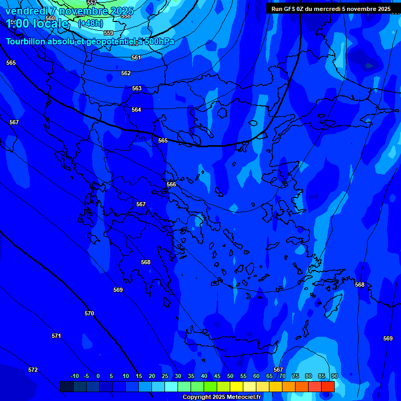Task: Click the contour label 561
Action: tap(136, 57)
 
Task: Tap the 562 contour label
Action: tap(126, 74)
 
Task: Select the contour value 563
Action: tap(137, 89)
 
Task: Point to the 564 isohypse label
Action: tap(136, 110)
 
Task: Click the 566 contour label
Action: tap(171, 185)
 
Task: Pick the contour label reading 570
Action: tap(89, 314)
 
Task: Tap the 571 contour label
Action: tap(56, 336)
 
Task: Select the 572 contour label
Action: tap(33, 370)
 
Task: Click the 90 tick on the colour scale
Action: tap(334, 376)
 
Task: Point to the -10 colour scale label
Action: tap(75, 376)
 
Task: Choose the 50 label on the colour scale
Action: tap(230, 376)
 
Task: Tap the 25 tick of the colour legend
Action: tap(165, 376)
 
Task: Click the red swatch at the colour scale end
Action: tap(328, 386)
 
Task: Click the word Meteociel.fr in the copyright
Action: tap(243, 397)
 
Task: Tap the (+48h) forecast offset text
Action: tap(90, 23)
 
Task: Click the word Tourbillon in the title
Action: tap(26, 42)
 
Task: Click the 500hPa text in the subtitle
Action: tap(159, 42)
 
